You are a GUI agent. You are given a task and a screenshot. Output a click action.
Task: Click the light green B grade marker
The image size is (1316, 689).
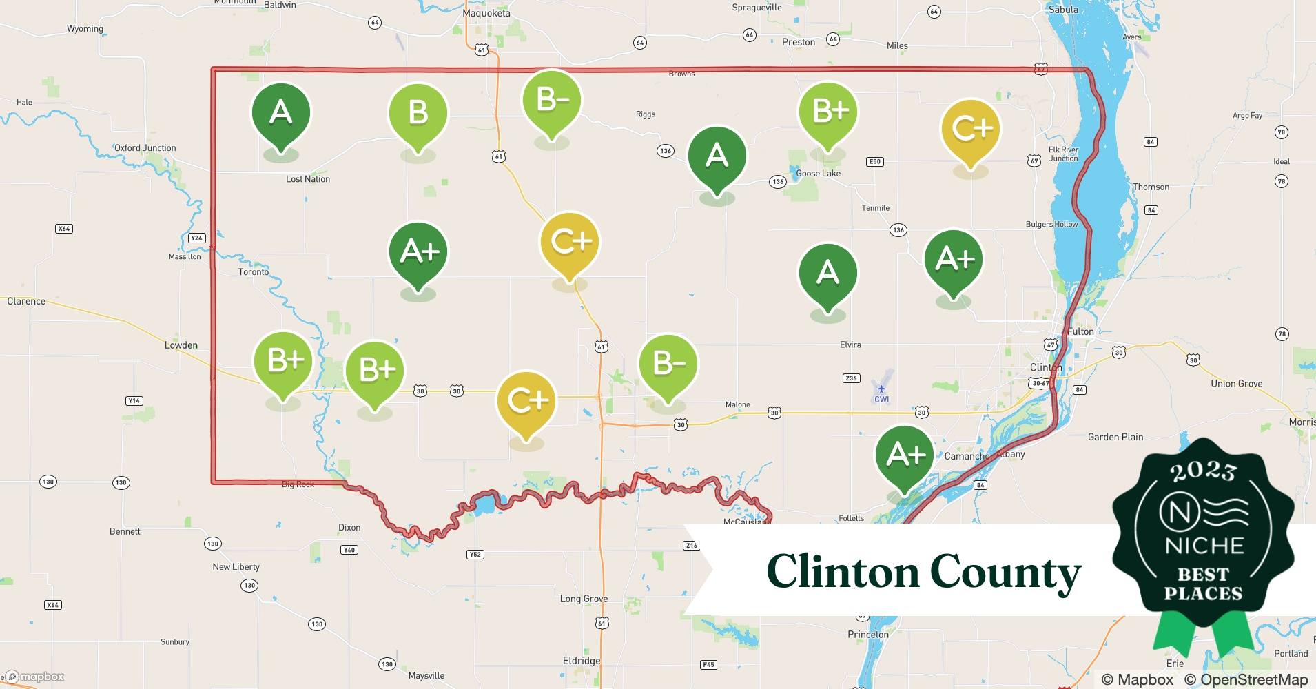[418, 114]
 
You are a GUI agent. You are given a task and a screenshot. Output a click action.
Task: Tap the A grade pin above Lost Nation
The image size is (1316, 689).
[280, 112]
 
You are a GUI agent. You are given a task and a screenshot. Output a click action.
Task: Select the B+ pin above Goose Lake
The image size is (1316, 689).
[828, 112]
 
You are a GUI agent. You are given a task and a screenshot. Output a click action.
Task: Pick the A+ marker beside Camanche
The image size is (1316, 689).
[905, 455]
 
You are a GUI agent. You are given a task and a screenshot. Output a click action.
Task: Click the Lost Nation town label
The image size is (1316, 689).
[308, 179]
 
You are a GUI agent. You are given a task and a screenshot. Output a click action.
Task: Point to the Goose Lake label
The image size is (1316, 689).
[819, 174]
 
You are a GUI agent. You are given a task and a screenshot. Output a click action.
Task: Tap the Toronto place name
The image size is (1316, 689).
[254, 272]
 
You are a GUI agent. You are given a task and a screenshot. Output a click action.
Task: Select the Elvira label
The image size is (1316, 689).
[850, 344]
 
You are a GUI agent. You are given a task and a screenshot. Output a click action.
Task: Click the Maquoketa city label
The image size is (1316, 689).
[486, 13]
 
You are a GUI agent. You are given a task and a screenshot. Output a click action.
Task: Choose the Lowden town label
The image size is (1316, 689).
[181, 345]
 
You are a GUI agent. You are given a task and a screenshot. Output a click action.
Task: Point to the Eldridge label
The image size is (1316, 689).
[582, 661]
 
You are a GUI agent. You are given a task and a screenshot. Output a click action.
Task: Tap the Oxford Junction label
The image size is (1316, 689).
[145, 148]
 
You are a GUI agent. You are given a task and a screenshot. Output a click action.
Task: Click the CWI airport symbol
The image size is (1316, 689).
[881, 389]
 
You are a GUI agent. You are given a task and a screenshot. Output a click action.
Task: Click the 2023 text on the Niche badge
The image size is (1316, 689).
[1203, 472]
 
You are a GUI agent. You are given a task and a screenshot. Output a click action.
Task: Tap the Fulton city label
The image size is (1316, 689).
[1080, 331]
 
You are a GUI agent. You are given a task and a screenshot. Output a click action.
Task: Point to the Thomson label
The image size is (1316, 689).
[1151, 187]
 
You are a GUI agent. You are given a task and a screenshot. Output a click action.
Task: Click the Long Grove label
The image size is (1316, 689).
[584, 599]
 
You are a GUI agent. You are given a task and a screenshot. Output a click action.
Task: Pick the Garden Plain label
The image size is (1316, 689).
[1115, 437]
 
